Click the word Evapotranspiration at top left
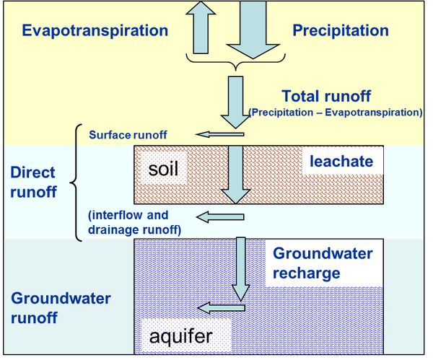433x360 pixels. pyautogui.click(x=95, y=31)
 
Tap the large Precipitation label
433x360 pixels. pyautogui.click(x=341, y=31)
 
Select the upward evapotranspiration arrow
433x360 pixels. pyautogui.click(x=201, y=27)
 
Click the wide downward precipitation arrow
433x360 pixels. pyautogui.click(x=253, y=30)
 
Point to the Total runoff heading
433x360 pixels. pyautogui.click(x=326, y=96)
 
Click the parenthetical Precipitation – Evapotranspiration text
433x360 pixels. pyautogui.click(x=336, y=113)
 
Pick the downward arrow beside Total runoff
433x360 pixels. pyautogui.click(x=235, y=102)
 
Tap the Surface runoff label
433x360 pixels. pyautogui.click(x=128, y=135)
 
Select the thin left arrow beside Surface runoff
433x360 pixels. pyautogui.click(x=220, y=134)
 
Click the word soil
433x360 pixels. pyautogui.click(x=163, y=169)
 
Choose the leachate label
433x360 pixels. pyautogui.click(x=341, y=161)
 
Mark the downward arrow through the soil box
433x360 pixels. pyautogui.click(x=235, y=175)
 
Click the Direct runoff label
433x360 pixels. pyautogui.click(x=33, y=183)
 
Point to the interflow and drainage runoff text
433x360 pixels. pyautogui.click(x=134, y=222)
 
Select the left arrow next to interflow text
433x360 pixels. pyautogui.click(x=220, y=217)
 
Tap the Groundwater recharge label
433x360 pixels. pyautogui.click(x=323, y=263)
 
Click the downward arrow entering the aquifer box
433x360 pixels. pyautogui.click(x=241, y=269)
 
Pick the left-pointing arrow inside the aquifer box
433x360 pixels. pyautogui.click(x=222, y=308)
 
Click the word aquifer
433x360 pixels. pyautogui.click(x=181, y=336)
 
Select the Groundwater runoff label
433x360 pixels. pyautogui.click(x=61, y=308)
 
